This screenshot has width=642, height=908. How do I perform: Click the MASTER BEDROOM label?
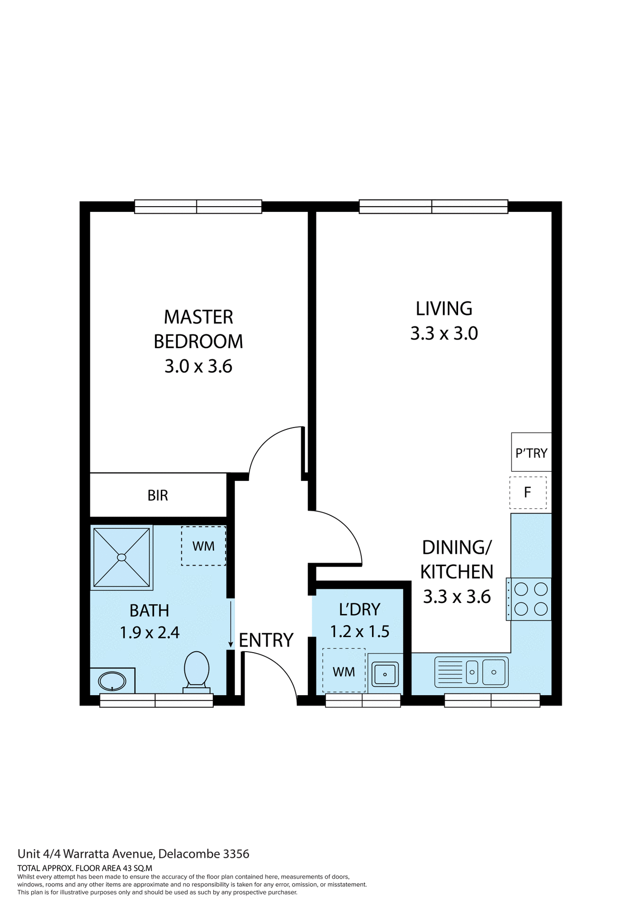tap(198, 329)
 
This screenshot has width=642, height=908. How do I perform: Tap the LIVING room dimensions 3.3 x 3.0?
tap(444, 333)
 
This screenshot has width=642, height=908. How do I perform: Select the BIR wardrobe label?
tap(157, 495)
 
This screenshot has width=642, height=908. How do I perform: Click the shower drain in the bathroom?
tap(121, 558)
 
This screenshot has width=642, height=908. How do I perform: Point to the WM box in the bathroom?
tap(203, 546)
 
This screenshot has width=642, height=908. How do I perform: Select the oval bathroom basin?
tap(112, 681)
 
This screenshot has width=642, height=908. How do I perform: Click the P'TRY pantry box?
tap(531, 453)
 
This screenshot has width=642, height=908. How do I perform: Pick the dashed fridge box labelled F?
tap(528, 493)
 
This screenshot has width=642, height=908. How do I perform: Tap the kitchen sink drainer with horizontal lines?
tap(450, 672)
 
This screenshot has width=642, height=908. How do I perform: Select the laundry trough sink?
tap(385, 674)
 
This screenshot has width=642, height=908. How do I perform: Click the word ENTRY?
tap(266, 640)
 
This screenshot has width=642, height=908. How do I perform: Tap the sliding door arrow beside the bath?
tap(231, 624)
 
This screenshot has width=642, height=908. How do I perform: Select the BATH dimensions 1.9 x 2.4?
tap(149, 633)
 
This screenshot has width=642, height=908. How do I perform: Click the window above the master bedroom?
tap(198, 207)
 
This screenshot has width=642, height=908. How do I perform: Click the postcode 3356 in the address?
tap(236, 854)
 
